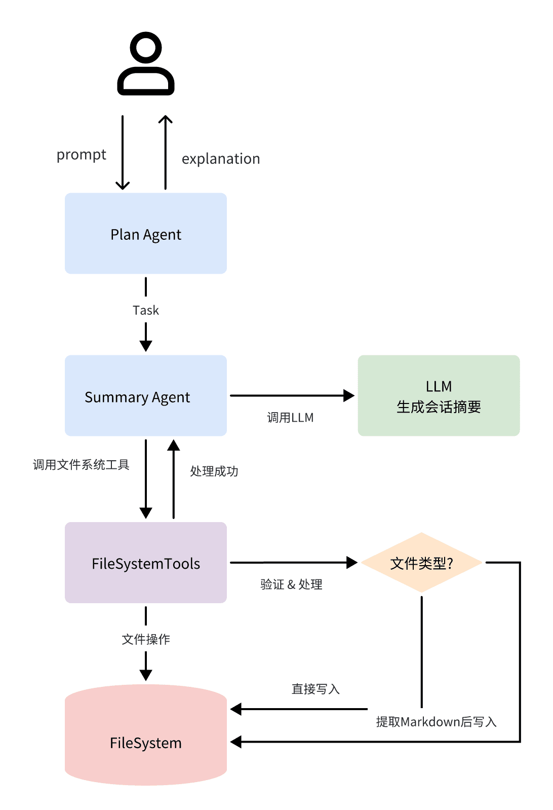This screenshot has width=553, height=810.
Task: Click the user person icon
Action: click(x=146, y=64)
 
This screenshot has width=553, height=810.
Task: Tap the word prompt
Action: click(x=82, y=155)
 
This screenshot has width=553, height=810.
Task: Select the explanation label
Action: click(x=221, y=159)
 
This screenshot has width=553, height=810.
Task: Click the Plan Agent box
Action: click(x=146, y=234)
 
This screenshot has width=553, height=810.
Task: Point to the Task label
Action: click(x=146, y=310)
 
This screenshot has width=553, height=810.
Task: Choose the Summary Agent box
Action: click(x=146, y=396)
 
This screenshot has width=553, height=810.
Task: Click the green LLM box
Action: click(x=439, y=396)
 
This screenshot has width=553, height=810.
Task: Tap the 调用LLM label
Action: click(x=290, y=418)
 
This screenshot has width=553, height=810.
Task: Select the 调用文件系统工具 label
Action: click(x=81, y=465)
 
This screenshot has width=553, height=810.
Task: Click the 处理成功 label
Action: click(x=214, y=471)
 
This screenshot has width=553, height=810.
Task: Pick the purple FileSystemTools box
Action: click(x=146, y=563)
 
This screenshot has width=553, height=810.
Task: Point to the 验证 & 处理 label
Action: click(x=291, y=584)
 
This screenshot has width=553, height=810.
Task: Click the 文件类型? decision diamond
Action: click(x=421, y=563)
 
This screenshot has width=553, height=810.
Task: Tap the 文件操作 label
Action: click(x=146, y=639)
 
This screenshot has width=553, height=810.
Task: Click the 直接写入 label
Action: click(x=315, y=689)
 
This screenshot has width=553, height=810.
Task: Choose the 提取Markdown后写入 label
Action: click(x=436, y=722)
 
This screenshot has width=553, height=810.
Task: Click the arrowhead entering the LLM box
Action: click(x=349, y=396)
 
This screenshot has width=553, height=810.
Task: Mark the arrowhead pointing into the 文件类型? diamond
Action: click(x=352, y=563)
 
